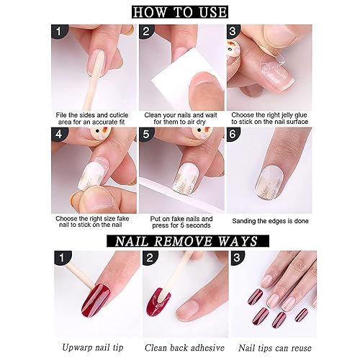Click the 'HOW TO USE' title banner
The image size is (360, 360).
pos(181,12)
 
